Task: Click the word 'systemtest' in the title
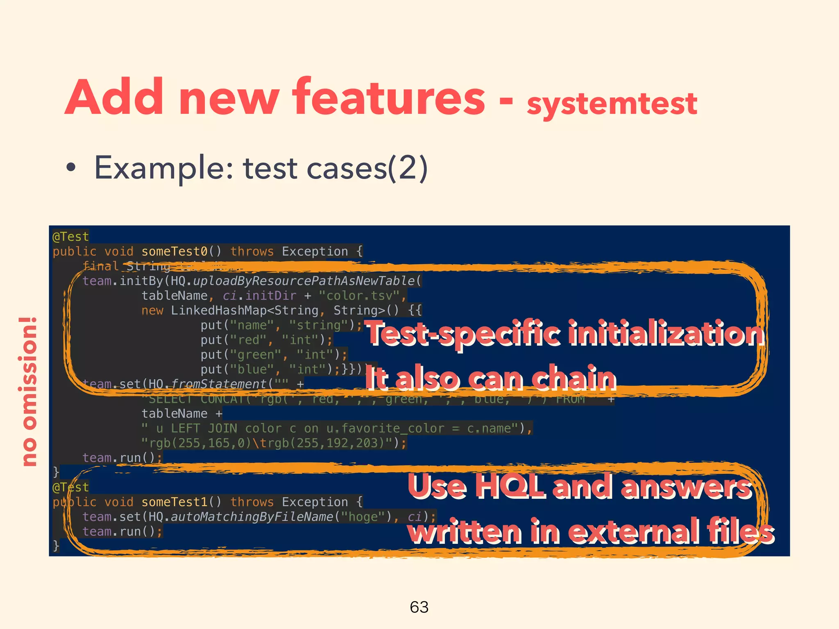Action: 612,104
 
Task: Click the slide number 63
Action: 419,607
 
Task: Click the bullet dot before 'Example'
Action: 71,167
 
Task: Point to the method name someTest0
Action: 175,251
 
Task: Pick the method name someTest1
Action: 175,502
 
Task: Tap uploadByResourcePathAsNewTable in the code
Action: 304,281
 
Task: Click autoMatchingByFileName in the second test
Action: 252,517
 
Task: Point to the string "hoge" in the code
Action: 366,517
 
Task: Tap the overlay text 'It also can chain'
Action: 490,378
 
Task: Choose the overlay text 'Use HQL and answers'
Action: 580,486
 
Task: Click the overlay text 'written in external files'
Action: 590,532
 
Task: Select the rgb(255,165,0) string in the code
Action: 197,443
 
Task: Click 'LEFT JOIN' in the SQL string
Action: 204,428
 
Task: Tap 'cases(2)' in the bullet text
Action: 367,168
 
